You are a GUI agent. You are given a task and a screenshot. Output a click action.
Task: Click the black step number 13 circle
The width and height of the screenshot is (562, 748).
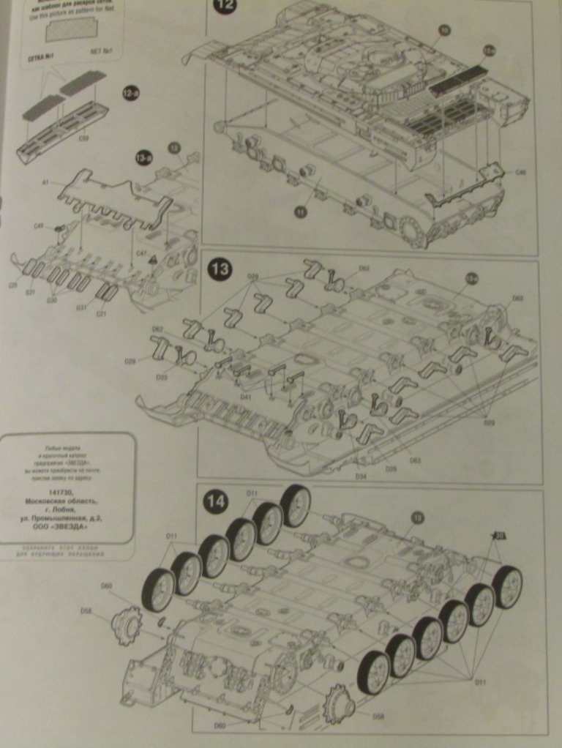(x=220, y=269)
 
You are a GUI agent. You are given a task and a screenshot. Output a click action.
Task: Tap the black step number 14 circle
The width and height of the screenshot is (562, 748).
(x=216, y=502)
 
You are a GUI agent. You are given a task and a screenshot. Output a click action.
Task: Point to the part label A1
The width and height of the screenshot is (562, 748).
(x=46, y=182)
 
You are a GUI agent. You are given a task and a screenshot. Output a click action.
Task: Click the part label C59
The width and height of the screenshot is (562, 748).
(x=83, y=138)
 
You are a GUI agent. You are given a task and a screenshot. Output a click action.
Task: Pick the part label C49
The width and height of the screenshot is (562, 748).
(x=40, y=226)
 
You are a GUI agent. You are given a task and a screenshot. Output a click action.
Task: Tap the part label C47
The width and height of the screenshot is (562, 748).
(x=141, y=253)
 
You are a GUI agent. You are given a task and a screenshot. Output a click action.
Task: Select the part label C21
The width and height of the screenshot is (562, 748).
(x=101, y=314)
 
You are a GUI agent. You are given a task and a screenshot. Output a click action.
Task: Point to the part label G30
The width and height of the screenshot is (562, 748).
(x=53, y=299)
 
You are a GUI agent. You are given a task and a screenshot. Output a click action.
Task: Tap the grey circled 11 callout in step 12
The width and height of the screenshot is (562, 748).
(x=301, y=212)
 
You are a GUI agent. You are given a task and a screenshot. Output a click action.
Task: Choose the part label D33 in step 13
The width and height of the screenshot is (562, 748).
(x=162, y=376)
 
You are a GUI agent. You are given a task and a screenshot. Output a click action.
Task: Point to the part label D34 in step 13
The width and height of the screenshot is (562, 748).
(x=361, y=476)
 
